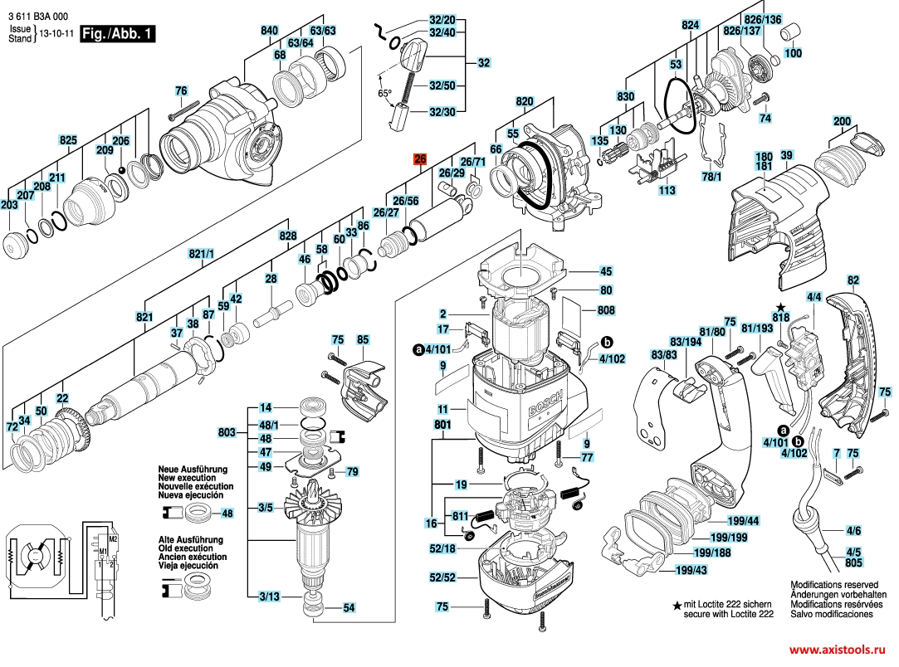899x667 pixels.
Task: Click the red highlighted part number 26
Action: point(420,160)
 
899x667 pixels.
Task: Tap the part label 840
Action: point(270,31)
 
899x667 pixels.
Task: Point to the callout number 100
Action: point(794,53)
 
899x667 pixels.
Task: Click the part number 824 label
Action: point(691,26)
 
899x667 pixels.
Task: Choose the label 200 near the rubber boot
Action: point(843,121)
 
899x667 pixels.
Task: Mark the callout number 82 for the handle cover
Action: point(853,281)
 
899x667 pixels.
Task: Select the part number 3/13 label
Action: point(267,596)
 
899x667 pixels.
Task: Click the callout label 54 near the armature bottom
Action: point(349,608)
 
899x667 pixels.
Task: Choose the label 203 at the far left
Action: point(9,205)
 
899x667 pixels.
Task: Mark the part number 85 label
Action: point(363,339)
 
